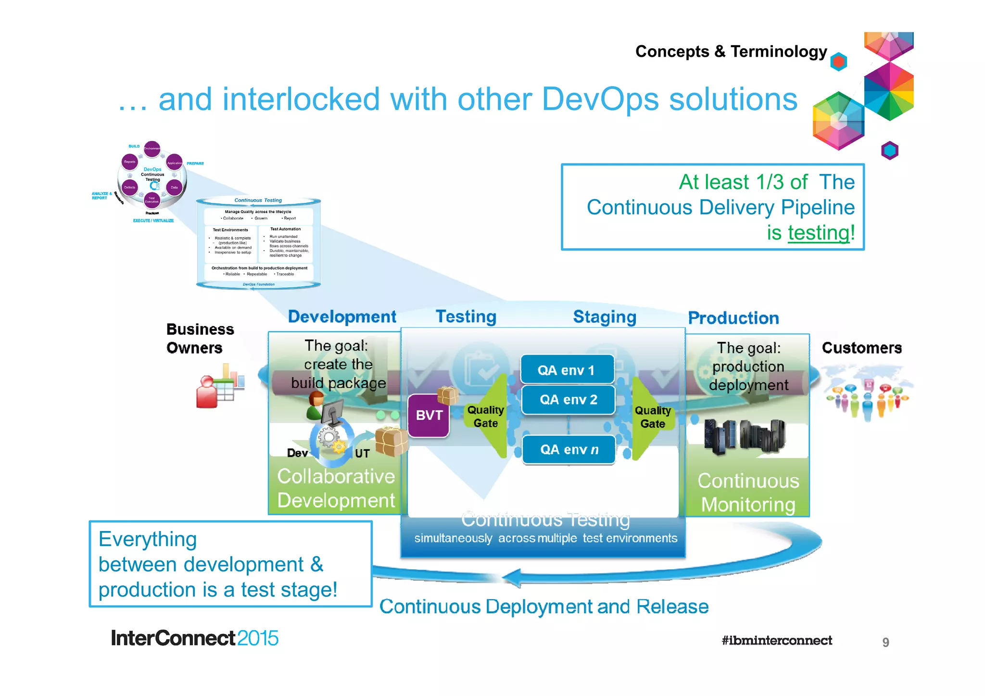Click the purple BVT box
(x=429, y=415)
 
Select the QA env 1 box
(x=567, y=370)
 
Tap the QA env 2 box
(x=568, y=400)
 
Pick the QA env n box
(x=569, y=449)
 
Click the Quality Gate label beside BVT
(x=485, y=417)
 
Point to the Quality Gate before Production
(x=652, y=417)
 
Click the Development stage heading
(x=342, y=316)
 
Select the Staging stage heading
(x=604, y=317)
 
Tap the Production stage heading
(x=733, y=318)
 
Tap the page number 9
(x=885, y=642)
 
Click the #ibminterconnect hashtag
(x=776, y=640)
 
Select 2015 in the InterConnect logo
(x=257, y=638)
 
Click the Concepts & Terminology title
(x=731, y=51)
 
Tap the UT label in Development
(x=362, y=453)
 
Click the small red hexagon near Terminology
(x=839, y=62)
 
